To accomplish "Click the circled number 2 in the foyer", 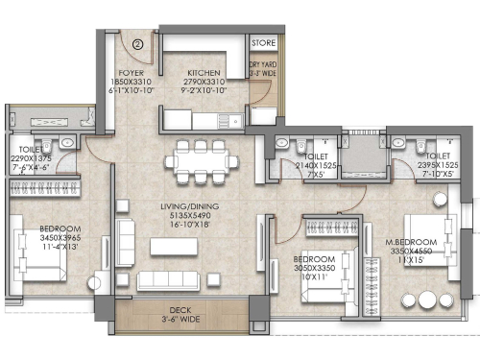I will pyautogui.click(x=138, y=43).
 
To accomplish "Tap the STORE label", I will pyautogui.click(x=263, y=43).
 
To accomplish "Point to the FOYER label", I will pyautogui.click(x=132, y=72).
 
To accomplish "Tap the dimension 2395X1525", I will pyautogui.click(x=437, y=165).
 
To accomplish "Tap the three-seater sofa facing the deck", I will pyautogui.click(x=173, y=281).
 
